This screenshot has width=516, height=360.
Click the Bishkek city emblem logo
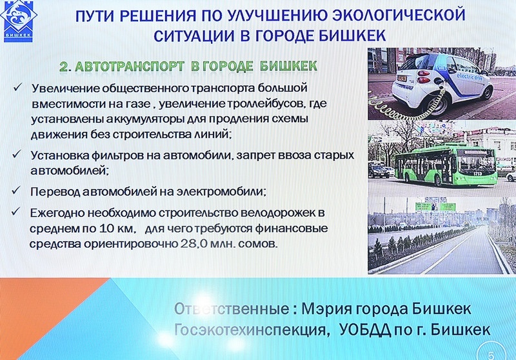(x=19, y=21)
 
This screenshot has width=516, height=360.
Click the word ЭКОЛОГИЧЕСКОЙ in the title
(x=399, y=15)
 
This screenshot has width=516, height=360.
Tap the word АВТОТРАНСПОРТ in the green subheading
(x=130, y=66)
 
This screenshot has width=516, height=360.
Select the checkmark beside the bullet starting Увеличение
(x=17, y=87)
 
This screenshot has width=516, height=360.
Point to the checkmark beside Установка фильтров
(x=17, y=154)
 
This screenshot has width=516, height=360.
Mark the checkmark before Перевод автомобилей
(x=16, y=190)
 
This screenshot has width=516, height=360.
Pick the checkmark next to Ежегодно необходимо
(x=15, y=211)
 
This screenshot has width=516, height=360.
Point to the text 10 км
(x=117, y=228)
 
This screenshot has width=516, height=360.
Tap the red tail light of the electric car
(x=423, y=74)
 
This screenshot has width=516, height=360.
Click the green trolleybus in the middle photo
(x=446, y=165)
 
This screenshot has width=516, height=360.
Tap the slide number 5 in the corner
(x=491, y=355)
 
